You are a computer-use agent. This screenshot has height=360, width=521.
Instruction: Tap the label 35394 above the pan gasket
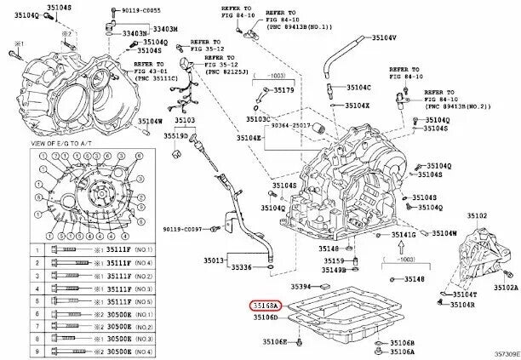click(303, 288)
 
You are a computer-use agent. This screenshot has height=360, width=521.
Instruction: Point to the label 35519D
click(178, 135)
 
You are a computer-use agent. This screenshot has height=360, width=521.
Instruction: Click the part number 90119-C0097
click(182, 230)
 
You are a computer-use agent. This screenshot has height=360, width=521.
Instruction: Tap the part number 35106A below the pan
click(402, 351)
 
